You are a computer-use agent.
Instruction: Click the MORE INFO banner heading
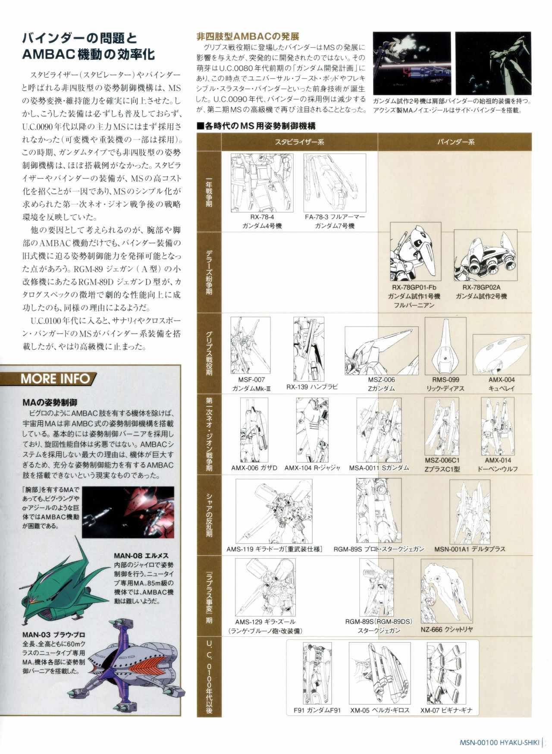coord(56,379)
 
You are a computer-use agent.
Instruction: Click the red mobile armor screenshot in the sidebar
coord(128,512)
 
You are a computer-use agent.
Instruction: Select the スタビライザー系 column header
coord(299,141)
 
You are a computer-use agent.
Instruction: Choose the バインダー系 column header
coord(456,141)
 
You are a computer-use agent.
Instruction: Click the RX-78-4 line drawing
coord(262,183)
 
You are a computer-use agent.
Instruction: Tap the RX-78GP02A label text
coord(481,287)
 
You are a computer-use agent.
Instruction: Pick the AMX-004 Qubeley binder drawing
coord(501,355)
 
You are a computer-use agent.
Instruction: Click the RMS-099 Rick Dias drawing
coord(445,346)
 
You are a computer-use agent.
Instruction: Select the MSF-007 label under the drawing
coord(251,380)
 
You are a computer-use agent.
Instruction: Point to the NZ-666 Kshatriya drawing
coord(446,591)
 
